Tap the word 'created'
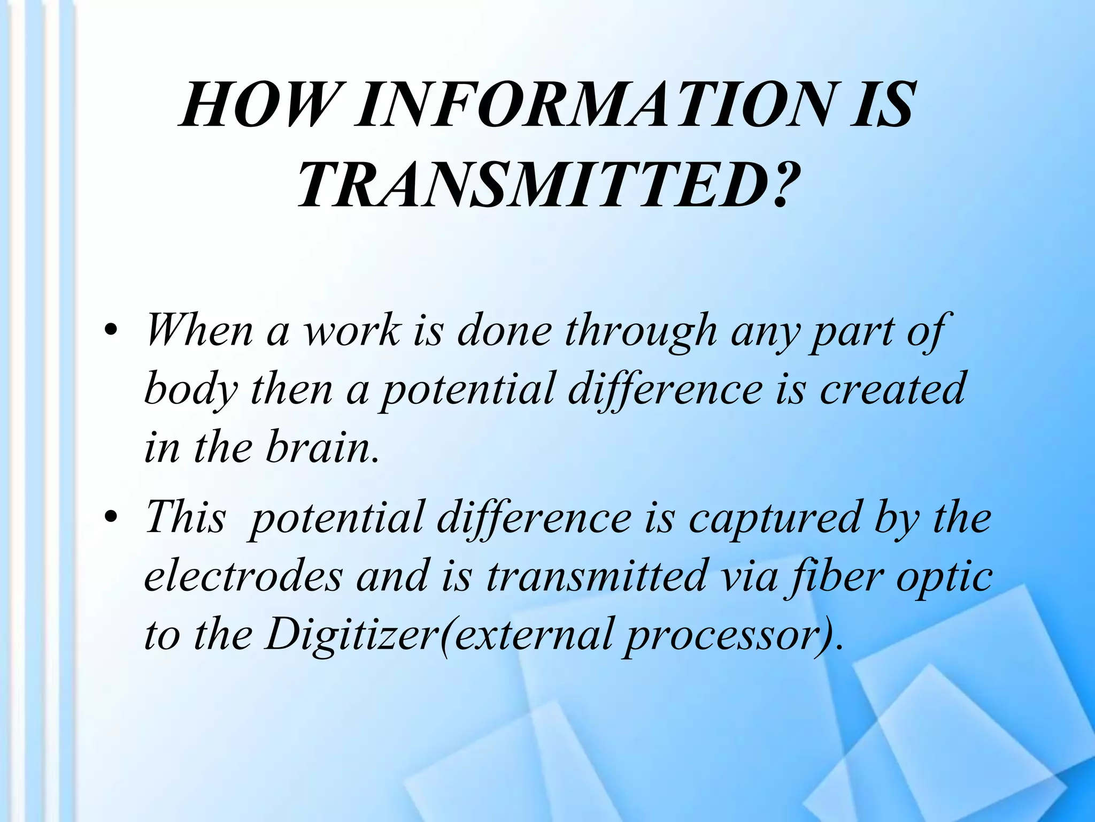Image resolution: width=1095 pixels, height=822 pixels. point(892,389)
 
